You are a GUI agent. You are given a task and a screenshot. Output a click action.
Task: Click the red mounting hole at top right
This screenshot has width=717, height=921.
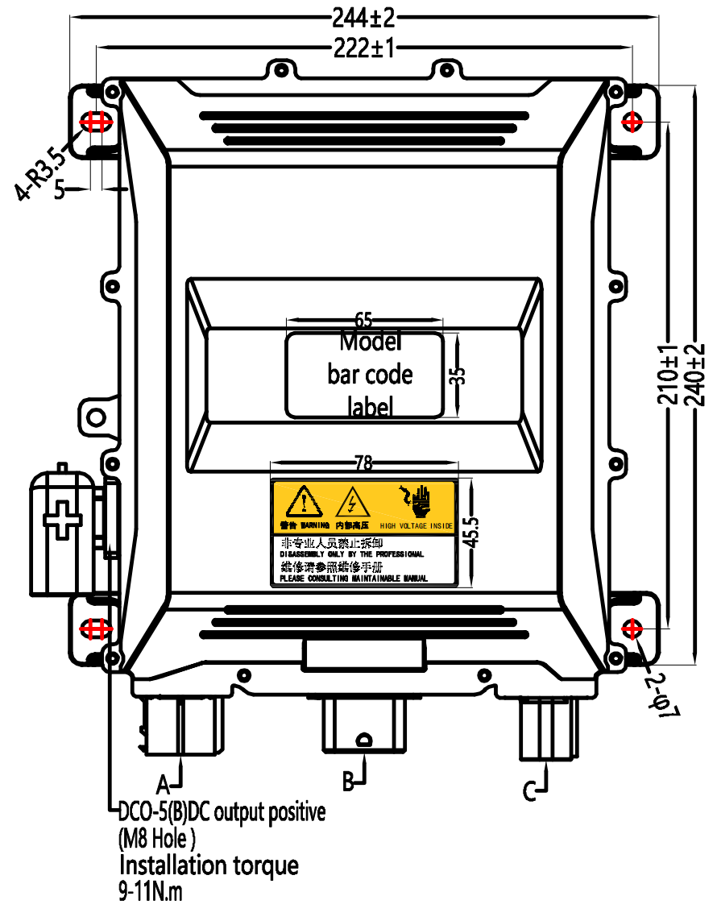click(x=632, y=122)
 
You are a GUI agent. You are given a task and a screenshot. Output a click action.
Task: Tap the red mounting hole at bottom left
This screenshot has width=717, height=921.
click(x=95, y=628)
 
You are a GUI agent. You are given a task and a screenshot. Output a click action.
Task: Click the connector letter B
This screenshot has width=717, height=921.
click(x=349, y=781)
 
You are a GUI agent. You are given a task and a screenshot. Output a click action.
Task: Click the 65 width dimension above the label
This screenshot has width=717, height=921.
click(x=364, y=321)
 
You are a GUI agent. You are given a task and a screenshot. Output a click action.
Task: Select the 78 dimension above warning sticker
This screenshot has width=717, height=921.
click(x=364, y=463)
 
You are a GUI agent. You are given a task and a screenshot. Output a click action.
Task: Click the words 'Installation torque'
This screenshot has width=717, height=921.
click(x=209, y=866)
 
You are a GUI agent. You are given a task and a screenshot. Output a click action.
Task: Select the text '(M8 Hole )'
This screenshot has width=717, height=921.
click(x=157, y=839)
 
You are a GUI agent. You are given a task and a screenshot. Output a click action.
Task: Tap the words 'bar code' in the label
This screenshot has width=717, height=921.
click(x=370, y=375)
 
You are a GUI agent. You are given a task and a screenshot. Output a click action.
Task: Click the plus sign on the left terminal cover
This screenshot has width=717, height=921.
click(x=63, y=518)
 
